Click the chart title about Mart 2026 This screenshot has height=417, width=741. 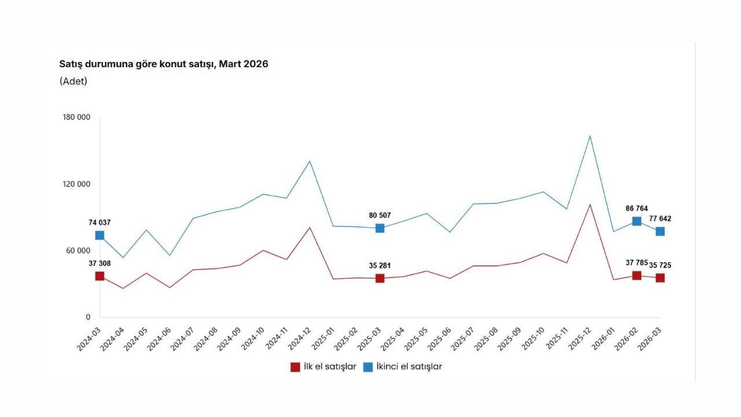[x=164, y=64]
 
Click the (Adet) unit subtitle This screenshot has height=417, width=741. [x=74, y=81]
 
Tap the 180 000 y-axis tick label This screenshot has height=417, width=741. [x=76, y=118]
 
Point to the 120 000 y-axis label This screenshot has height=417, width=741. [x=76, y=184]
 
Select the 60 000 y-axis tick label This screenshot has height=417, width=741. [x=78, y=251]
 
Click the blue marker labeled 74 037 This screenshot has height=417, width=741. [x=100, y=235]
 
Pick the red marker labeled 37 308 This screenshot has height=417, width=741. [x=100, y=276]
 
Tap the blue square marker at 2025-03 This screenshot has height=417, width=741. [x=380, y=228]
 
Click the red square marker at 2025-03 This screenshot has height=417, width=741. [x=380, y=278]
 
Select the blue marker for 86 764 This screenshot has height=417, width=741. [x=637, y=221]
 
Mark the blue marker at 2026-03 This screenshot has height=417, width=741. [x=660, y=231]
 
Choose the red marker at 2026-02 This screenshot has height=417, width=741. [x=637, y=276]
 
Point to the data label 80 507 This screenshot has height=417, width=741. [x=380, y=215]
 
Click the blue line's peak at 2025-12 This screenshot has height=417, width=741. [x=590, y=136]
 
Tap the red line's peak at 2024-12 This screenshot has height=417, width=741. [x=310, y=227]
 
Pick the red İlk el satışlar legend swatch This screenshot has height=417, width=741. [x=295, y=367]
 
